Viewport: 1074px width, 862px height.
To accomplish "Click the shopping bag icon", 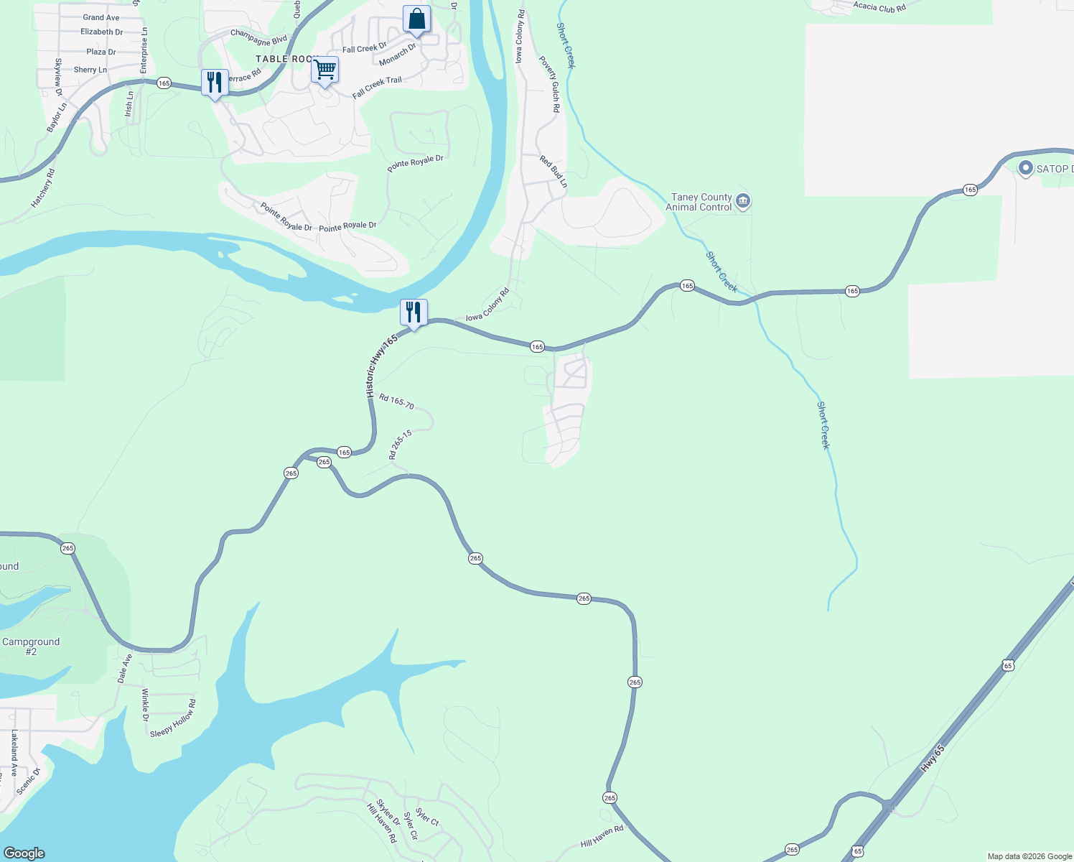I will click(x=416, y=19).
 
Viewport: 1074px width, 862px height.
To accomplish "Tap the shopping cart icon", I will click(x=324, y=70).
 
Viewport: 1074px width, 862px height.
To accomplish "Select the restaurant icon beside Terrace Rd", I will click(x=215, y=83).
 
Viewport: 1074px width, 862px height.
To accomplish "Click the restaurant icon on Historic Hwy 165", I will click(x=414, y=312).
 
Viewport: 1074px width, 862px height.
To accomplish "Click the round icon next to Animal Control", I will click(x=743, y=201).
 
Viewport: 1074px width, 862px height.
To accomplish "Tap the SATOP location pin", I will click(x=1026, y=169).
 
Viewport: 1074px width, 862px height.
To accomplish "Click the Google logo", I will click(x=24, y=853).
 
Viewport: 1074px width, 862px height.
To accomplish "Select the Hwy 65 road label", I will click(x=933, y=759).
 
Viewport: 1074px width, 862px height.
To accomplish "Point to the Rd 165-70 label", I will click(x=396, y=401).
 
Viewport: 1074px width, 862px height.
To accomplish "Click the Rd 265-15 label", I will click(x=400, y=445).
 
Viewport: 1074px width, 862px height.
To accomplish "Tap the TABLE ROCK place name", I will click(x=286, y=59).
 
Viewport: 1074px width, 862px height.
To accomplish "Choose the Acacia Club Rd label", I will click(x=879, y=6).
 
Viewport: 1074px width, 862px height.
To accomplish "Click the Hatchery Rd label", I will click(x=43, y=188).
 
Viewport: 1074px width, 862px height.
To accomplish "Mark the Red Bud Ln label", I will click(x=554, y=172).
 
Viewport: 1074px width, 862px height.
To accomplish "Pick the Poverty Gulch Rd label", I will click(x=550, y=85).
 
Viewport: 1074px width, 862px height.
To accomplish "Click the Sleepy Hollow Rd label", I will click(x=173, y=718).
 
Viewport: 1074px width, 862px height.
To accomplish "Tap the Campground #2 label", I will click(x=31, y=646).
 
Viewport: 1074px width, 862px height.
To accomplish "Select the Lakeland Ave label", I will click(x=14, y=754).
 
